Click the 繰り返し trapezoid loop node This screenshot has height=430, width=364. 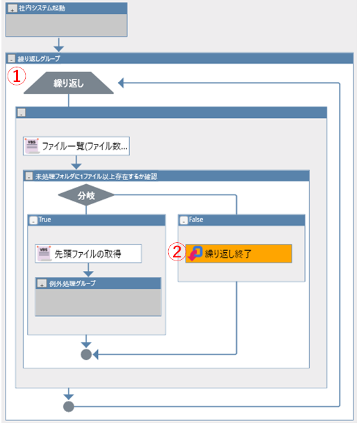pos(69,83)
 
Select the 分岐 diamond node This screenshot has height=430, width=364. pos(86,195)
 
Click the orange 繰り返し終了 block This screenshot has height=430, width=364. pos(239,254)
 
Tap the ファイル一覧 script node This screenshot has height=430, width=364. pos(76,146)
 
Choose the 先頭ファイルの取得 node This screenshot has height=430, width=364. pos(88,254)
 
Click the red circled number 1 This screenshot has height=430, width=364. pos(17,76)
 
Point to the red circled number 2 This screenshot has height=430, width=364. pos(177,251)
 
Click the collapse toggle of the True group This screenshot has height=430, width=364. pos(33,220)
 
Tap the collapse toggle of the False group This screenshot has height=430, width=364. pos(184,220)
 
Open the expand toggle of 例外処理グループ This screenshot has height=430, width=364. pos(42,283)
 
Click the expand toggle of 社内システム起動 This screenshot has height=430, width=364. pos(12,8)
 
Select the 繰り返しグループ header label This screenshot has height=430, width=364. pos(39,58)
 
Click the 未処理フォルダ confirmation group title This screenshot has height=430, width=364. pos(96,176)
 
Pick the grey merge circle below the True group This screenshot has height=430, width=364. pos(86,354)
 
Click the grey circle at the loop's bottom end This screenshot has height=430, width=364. pos(69,406)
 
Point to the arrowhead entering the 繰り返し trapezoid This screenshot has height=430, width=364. pos(121,83)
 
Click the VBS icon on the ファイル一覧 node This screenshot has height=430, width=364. pos(32,146)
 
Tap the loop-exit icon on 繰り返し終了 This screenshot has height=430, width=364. pos(195,254)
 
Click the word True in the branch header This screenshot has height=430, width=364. pos(44,220)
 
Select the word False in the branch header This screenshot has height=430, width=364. pos(196,220)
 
